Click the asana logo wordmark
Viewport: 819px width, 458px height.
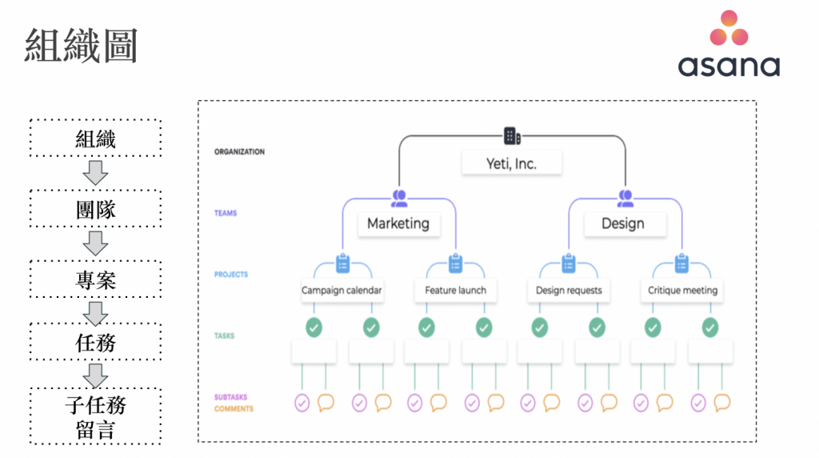(729, 66)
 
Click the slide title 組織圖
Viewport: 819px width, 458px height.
(80, 46)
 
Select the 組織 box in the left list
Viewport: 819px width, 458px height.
(96, 139)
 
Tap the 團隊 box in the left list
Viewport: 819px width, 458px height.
(96, 210)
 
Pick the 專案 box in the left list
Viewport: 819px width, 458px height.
(96, 280)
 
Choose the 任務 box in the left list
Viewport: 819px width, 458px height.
(96, 343)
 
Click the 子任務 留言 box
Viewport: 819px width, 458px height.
(96, 417)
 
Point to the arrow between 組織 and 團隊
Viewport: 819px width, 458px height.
(96, 173)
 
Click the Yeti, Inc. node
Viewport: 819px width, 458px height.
(512, 164)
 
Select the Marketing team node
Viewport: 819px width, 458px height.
(398, 223)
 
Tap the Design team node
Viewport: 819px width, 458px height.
(623, 223)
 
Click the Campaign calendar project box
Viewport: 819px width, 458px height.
(342, 290)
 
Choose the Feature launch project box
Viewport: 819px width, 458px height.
(455, 290)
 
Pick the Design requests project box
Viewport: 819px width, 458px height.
(569, 290)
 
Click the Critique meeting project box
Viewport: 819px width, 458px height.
(682, 290)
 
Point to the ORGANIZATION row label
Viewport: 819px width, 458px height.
(239, 152)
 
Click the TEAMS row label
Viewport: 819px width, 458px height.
(226, 214)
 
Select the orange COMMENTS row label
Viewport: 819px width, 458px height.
(234, 409)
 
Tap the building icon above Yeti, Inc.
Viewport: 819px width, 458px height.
(512, 136)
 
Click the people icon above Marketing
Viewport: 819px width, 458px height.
(398, 197)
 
